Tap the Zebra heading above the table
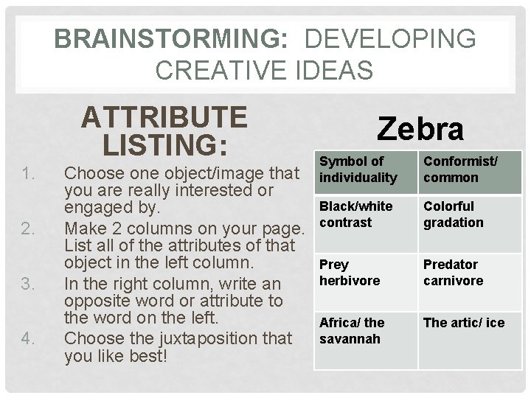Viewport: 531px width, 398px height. pyautogui.click(x=420, y=130)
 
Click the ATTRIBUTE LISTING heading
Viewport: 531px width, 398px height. pyautogui.click(x=164, y=130)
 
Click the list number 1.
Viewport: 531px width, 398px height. pyautogui.click(x=29, y=174)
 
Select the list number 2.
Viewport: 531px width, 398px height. pyautogui.click(x=29, y=228)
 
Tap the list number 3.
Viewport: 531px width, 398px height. pyautogui.click(x=29, y=283)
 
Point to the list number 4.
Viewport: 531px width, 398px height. pyautogui.click(x=29, y=338)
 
